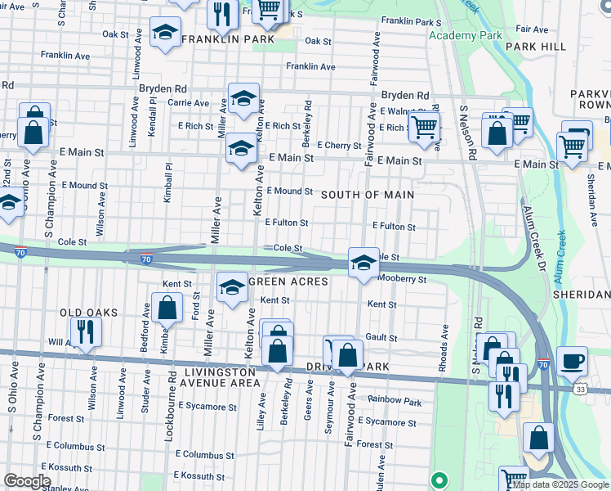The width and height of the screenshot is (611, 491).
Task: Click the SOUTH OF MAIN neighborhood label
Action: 367,195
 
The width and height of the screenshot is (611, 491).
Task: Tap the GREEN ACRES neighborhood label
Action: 288,282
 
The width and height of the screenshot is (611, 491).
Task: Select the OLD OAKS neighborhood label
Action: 88,313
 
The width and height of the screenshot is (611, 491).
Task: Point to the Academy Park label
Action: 465,36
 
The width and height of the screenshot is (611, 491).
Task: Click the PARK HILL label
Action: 535,47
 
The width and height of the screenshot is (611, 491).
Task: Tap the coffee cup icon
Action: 572,360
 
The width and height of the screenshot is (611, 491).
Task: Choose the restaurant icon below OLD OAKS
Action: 85,331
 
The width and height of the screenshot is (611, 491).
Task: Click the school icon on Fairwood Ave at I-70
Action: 363,262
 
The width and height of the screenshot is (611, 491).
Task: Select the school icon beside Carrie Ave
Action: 243,99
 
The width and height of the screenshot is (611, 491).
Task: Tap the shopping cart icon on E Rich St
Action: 424,127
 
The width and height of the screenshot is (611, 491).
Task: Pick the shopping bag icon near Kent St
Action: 167,309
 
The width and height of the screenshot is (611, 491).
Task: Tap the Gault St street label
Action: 381,337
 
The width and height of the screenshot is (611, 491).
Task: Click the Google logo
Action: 27,481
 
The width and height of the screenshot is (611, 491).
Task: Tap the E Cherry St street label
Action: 339,146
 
